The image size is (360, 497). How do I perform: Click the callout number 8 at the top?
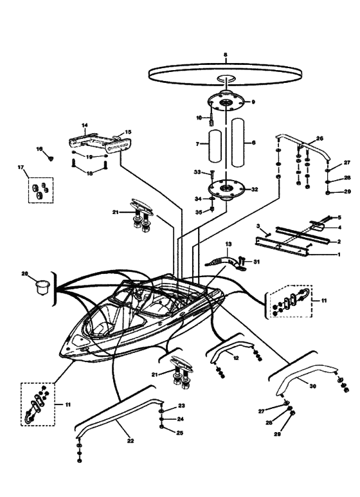tap(225, 55)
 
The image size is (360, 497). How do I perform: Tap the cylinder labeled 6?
tap(241, 142)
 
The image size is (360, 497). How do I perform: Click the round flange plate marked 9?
tap(226, 102)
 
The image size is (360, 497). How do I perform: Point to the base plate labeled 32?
tap(226, 189)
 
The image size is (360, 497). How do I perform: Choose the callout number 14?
tap(84, 126)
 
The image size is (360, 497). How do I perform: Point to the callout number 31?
tap(256, 261)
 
